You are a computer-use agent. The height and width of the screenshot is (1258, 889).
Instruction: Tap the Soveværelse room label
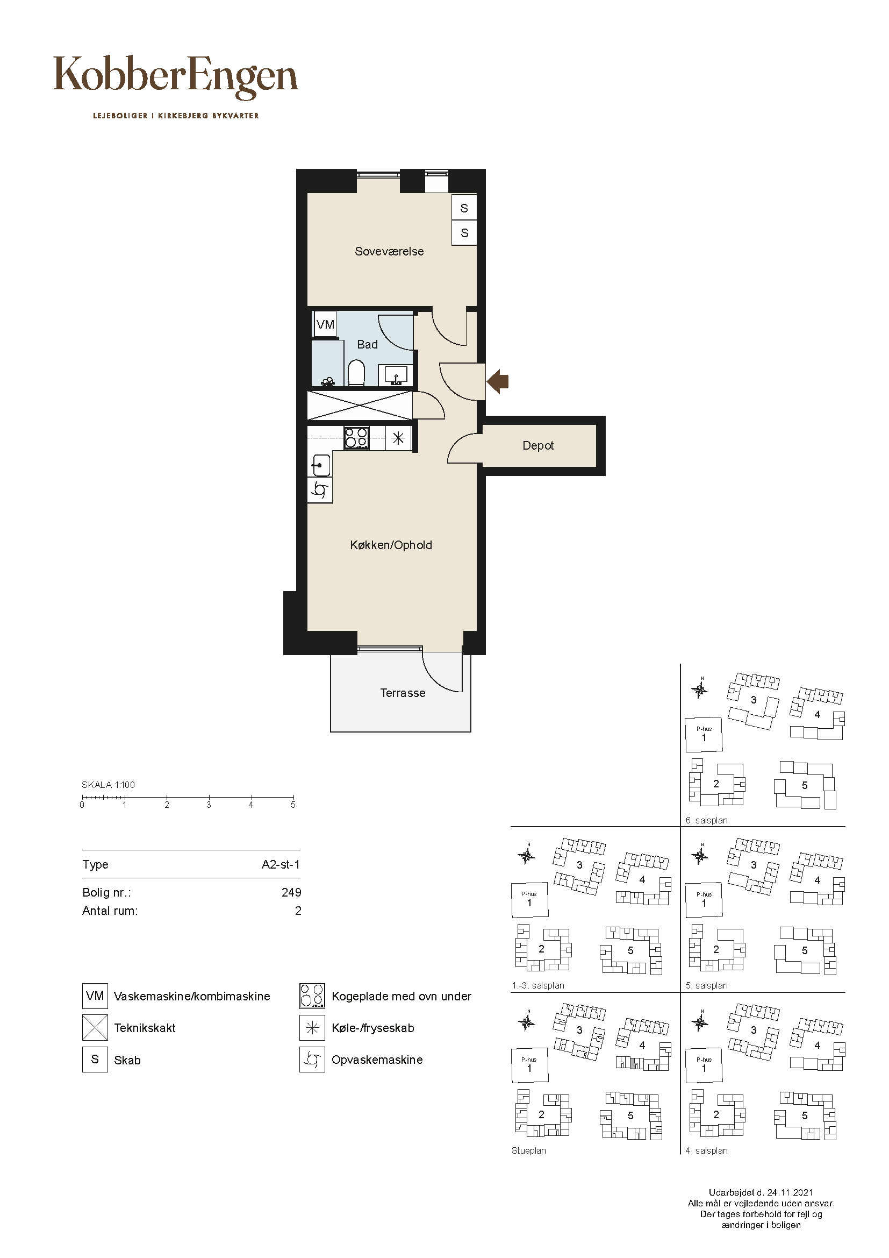coord(389,252)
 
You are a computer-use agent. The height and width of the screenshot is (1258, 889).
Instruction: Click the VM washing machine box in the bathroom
coord(325,324)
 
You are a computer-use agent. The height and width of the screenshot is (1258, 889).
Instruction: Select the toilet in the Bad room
coord(356,373)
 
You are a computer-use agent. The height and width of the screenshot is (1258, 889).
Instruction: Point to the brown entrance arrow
coord(498,381)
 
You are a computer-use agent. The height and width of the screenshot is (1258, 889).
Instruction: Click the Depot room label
coord(538,446)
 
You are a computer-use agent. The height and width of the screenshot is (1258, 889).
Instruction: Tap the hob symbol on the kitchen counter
coord(356,438)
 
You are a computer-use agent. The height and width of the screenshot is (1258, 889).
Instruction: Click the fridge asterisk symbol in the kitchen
coord(398,438)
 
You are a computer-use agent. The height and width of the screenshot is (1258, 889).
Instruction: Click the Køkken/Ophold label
coord(391,545)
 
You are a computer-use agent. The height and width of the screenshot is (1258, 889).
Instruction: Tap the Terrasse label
coord(403,693)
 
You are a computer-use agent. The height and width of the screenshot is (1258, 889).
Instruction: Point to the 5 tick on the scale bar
coord(293,798)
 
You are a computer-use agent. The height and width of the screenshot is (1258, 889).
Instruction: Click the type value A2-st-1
coord(281,865)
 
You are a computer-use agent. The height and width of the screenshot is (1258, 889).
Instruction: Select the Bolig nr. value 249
coord(291,893)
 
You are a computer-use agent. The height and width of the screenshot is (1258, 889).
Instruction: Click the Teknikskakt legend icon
coord(95,1028)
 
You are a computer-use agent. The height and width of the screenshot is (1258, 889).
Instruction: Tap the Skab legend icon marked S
coord(95,1059)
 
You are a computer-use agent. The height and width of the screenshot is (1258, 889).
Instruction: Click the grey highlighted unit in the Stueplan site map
coord(633,1064)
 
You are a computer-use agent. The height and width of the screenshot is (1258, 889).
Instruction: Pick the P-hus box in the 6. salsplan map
coord(704,735)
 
